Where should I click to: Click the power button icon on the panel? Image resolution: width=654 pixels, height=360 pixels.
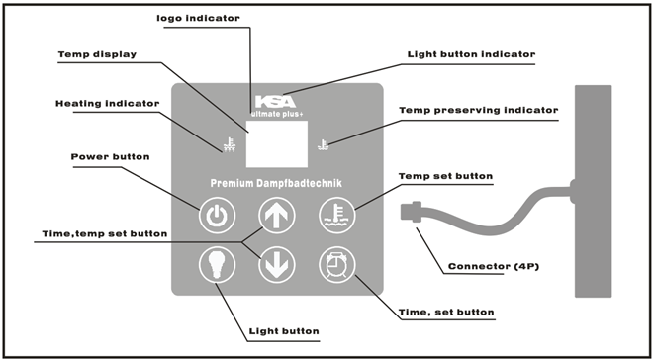click(x=217, y=216)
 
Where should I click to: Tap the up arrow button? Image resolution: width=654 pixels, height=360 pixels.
click(x=276, y=216)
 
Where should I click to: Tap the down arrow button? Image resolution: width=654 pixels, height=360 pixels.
click(x=276, y=265)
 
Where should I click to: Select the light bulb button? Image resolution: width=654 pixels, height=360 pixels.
click(x=217, y=265)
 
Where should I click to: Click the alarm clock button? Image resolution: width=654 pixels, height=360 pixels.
click(x=337, y=265)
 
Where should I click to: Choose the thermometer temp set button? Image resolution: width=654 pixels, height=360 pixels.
click(x=337, y=216)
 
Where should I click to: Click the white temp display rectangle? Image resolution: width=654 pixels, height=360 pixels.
click(x=276, y=144)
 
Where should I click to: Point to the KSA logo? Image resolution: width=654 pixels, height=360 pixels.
click(x=276, y=102)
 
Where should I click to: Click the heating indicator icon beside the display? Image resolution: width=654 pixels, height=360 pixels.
click(x=230, y=145)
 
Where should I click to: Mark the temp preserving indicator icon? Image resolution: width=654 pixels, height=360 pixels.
click(x=323, y=145)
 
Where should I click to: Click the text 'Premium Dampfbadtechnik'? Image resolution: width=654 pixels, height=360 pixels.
click(x=276, y=183)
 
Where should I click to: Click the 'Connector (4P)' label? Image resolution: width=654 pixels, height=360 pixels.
click(x=494, y=266)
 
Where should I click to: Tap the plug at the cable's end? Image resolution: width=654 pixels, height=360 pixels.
click(x=412, y=211)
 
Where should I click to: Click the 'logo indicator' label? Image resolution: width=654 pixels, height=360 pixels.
click(x=198, y=18)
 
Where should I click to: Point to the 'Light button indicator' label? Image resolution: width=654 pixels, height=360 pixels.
click(x=471, y=54)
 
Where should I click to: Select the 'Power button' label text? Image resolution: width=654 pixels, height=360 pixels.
click(x=110, y=157)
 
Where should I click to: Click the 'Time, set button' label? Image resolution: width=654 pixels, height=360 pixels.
click(x=446, y=312)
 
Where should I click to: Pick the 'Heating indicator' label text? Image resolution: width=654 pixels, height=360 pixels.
click(x=108, y=104)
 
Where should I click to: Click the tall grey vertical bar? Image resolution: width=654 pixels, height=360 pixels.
click(x=593, y=191)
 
